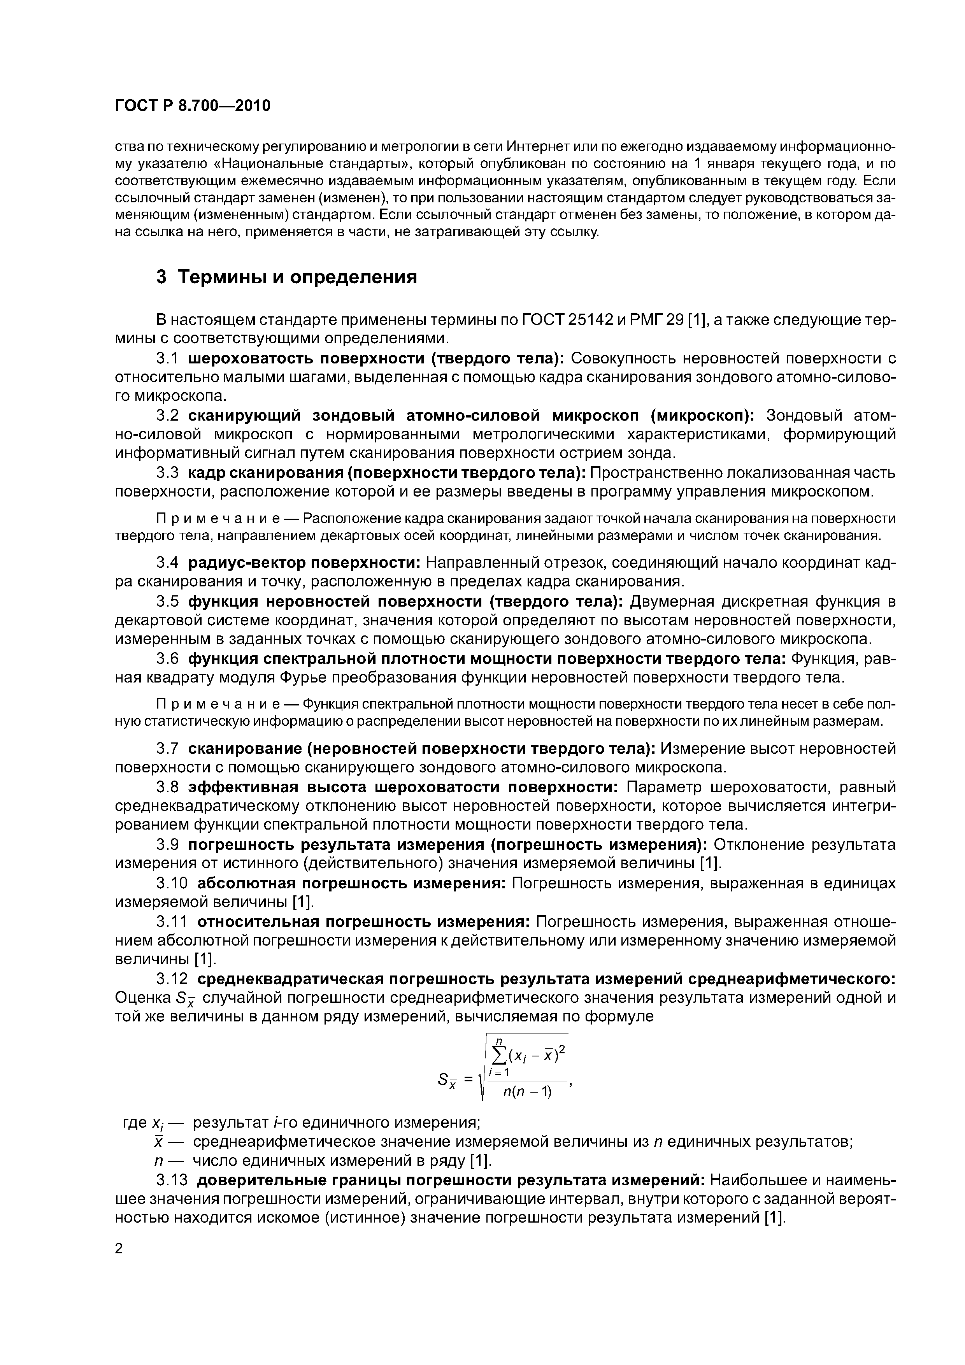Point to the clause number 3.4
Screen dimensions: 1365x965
(x=167, y=562)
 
